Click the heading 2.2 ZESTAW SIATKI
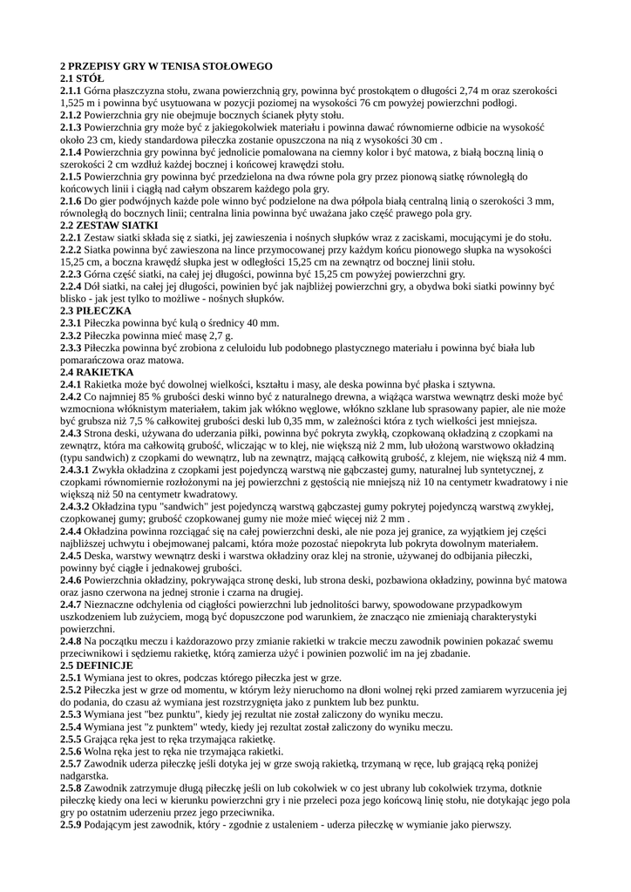(109, 225)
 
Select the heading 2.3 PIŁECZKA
(96, 310)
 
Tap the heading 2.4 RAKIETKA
(96, 372)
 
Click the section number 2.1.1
(71, 91)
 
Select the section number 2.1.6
(71, 200)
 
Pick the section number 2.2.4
(71, 286)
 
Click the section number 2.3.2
(71, 334)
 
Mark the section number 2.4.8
(71, 641)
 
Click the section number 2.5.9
(71, 824)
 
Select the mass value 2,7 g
(221, 334)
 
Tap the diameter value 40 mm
(261, 322)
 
